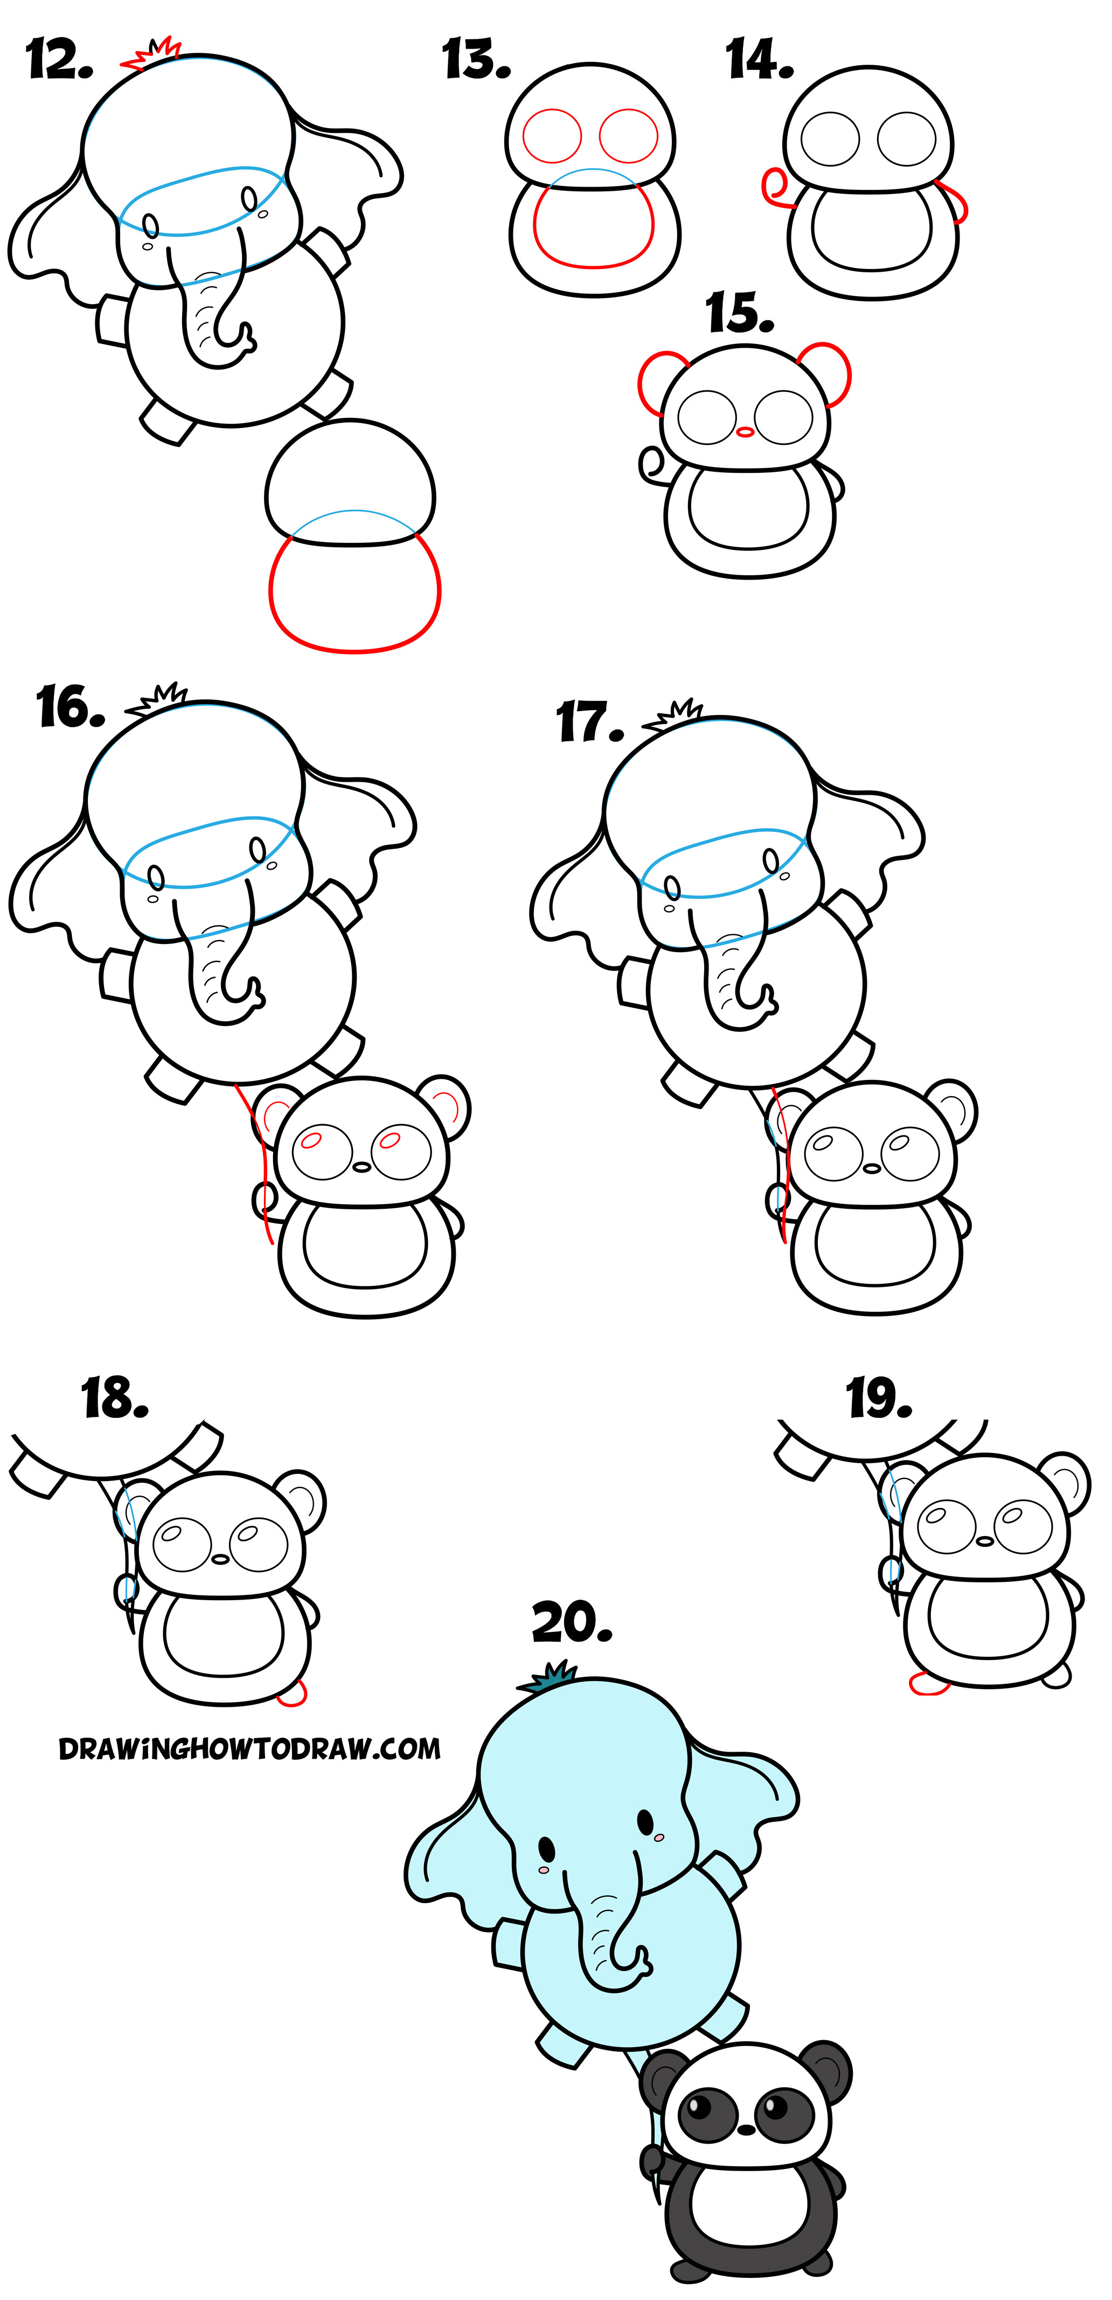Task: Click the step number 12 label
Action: pos(59,61)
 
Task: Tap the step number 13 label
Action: pos(476,61)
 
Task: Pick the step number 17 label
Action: pos(589,722)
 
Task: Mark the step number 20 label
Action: pos(571,1622)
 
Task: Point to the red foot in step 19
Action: pos(928,1683)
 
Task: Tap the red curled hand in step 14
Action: pos(774,188)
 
